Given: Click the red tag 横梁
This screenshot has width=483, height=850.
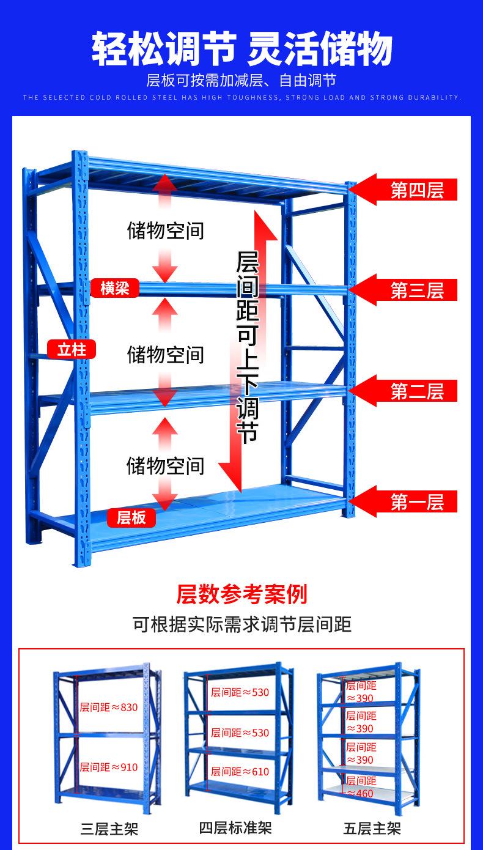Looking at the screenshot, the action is [x=114, y=288].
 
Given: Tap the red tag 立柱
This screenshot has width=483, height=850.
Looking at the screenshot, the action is [x=72, y=350].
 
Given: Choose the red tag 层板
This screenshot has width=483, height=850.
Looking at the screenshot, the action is [x=131, y=517].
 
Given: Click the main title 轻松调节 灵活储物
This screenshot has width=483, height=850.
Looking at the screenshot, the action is [x=242, y=49].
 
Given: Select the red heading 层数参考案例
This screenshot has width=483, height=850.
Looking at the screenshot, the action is [x=242, y=594].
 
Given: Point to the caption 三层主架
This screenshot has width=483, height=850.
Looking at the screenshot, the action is [x=109, y=829].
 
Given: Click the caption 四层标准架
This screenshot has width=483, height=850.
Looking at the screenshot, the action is [x=235, y=828].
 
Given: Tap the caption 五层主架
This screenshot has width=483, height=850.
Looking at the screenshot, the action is [x=372, y=829].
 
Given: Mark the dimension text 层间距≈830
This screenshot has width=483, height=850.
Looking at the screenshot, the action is [x=109, y=707].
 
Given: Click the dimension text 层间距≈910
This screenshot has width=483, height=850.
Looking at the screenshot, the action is [x=109, y=767].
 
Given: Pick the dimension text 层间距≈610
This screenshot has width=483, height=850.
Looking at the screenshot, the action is [x=240, y=772].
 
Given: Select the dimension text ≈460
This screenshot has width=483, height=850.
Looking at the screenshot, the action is [x=361, y=793].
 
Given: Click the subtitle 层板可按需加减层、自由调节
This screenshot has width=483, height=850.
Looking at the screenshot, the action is [x=242, y=80].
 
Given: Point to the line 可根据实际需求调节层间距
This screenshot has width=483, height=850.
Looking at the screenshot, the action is [x=242, y=624].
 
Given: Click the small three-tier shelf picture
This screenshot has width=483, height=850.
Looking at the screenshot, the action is [x=107, y=737].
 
